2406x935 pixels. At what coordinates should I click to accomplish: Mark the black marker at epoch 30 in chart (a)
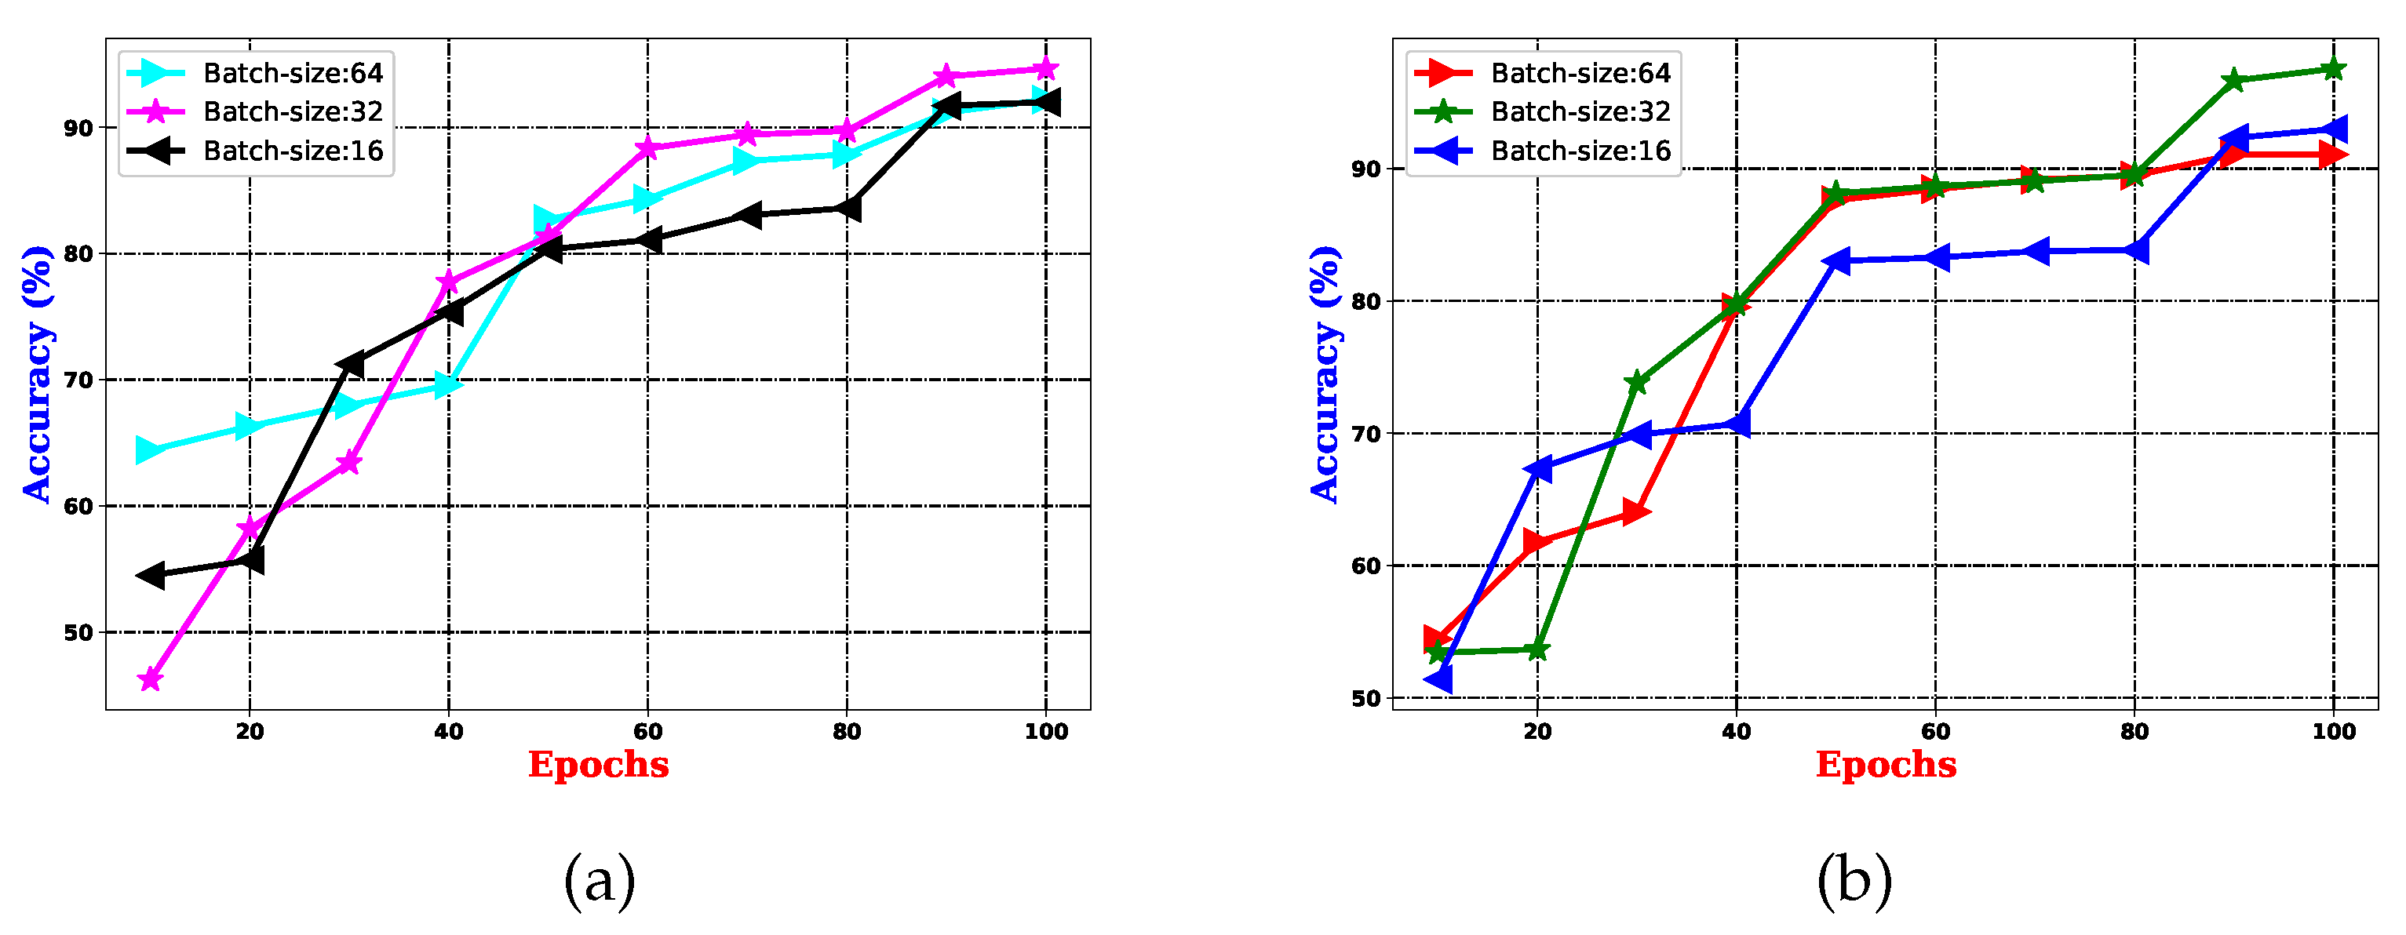349,363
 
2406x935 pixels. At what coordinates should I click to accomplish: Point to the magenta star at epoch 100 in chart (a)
1046,69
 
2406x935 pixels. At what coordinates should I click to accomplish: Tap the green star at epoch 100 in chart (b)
2333,69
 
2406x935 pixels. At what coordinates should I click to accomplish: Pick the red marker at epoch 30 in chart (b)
1636,512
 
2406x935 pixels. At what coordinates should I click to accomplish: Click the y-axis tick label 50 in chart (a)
78,633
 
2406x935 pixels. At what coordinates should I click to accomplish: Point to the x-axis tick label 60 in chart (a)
647,731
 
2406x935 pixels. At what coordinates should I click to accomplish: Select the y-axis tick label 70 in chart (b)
1365,435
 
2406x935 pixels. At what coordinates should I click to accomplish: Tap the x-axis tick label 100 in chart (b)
2333,731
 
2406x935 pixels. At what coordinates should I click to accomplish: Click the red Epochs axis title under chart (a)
599,765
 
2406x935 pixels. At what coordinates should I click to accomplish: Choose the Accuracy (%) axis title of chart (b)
1325,373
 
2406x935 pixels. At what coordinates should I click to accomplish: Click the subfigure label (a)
600,880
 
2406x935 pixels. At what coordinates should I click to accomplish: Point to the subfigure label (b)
1854,880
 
